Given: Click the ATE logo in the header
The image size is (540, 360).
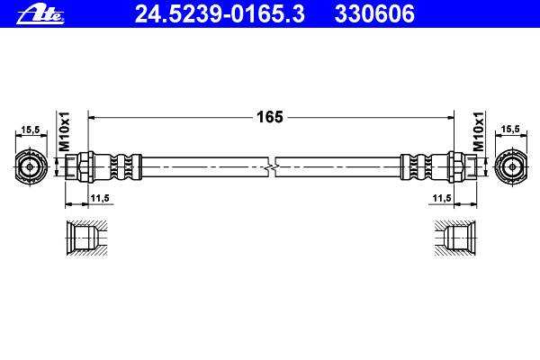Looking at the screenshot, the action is (x=40, y=14).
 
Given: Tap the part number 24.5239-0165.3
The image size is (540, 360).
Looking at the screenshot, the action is (x=220, y=14).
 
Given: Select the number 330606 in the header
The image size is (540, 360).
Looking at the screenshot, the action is (x=374, y=14).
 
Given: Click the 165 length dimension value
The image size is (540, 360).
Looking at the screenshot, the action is (x=270, y=117).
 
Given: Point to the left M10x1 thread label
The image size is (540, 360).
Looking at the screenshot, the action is (x=65, y=131).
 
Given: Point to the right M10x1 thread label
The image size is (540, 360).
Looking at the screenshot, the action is (x=478, y=131).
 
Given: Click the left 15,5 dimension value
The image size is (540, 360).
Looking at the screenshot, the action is (x=31, y=130).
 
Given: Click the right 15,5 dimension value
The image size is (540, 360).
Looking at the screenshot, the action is (x=510, y=130).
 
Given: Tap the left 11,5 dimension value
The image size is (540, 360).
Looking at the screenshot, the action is (x=100, y=198).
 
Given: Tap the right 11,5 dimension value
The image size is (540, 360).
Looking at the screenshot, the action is (x=442, y=198).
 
